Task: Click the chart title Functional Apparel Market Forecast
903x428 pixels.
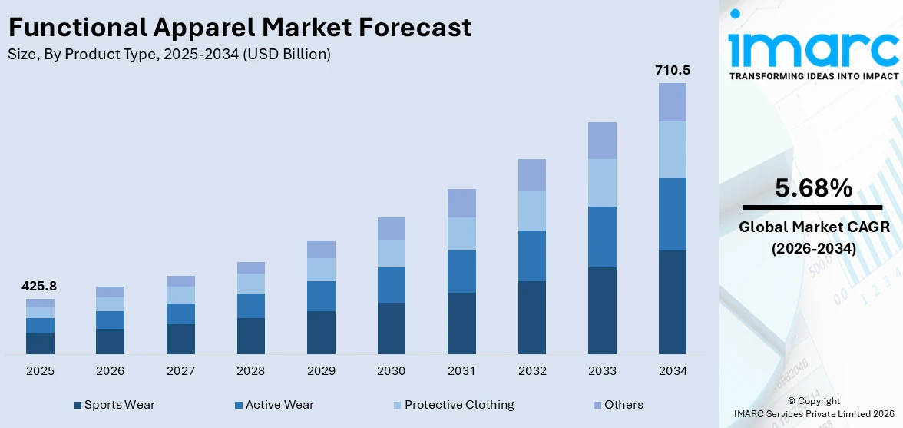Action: pyautogui.click(x=240, y=28)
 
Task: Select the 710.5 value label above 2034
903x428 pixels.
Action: pyautogui.click(x=672, y=70)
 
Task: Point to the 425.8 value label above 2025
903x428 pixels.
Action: pyautogui.click(x=40, y=286)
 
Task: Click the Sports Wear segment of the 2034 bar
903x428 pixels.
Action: pyautogui.click(x=672, y=302)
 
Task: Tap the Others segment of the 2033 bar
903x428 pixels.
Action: pyautogui.click(x=602, y=141)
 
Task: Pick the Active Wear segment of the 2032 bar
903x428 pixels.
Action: pyautogui.click(x=531, y=256)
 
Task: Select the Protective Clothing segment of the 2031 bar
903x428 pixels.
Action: pyautogui.click(x=461, y=234)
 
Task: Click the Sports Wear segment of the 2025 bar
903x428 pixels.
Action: pyautogui.click(x=40, y=343)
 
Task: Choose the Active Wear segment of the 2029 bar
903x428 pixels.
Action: pyautogui.click(x=321, y=296)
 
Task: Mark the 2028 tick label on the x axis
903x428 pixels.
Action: pyautogui.click(x=251, y=371)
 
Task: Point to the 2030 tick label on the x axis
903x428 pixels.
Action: pyautogui.click(x=391, y=371)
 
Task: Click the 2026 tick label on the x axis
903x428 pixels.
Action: pyautogui.click(x=111, y=371)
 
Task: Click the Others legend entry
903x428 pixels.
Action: pyautogui.click(x=623, y=405)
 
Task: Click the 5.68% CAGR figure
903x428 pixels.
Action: pyautogui.click(x=813, y=188)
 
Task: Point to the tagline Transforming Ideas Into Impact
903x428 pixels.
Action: pyautogui.click(x=813, y=76)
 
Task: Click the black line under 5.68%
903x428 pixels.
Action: pyautogui.click(x=813, y=207)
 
